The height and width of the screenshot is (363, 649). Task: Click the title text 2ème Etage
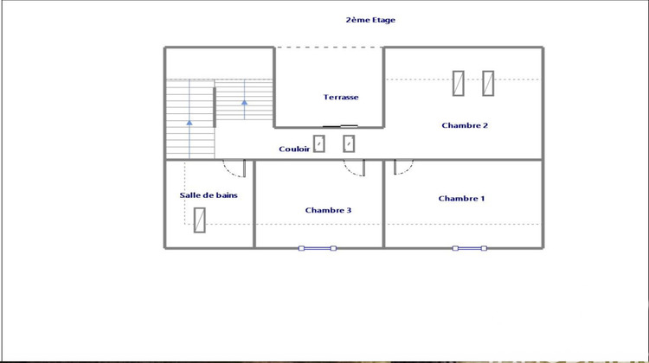[369, 20]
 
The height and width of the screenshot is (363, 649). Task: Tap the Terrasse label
[341, 97]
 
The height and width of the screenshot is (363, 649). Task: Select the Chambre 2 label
[465, 125]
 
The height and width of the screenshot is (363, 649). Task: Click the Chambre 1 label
[461, 198]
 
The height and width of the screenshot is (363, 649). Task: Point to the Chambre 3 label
[328, 210]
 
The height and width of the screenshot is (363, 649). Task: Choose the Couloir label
[294, 149]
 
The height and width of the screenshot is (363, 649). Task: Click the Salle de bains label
[209, 195]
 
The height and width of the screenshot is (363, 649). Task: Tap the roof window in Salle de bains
[200, 220]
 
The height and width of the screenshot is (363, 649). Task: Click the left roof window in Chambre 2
[459, 83]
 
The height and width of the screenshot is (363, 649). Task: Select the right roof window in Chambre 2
[488, 83]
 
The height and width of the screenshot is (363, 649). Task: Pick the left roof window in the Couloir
[319, 143]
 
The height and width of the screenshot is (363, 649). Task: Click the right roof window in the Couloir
[349, 143]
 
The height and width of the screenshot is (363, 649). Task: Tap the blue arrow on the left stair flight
[190, 123]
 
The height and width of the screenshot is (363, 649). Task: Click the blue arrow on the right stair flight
[244, 103]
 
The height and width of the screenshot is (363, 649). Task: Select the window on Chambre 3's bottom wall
[318, 248]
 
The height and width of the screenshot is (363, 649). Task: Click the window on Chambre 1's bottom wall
[470, 248]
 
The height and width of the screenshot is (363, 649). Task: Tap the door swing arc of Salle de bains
[235, 169]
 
